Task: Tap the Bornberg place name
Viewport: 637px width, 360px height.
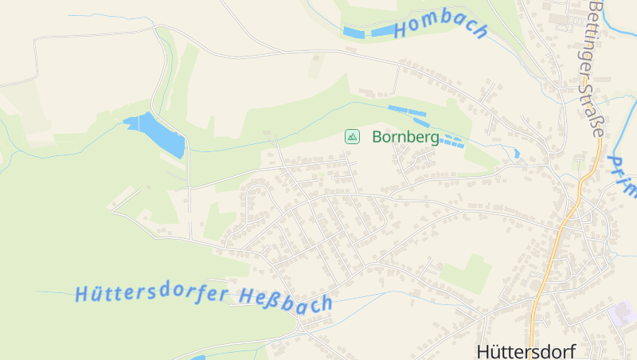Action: pos(405,137)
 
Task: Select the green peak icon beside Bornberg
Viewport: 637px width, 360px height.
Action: pos(352,137)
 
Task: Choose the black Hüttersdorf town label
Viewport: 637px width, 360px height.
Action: pos(525,350)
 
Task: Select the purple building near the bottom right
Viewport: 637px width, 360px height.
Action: pos(623,313)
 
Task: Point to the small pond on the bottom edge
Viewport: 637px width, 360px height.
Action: pos(198,358)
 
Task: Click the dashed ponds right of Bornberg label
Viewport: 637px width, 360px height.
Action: pos(451,142)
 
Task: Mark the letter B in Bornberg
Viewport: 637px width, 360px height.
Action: pos(377,137)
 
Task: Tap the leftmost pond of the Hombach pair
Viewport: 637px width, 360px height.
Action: pos(353,33)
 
